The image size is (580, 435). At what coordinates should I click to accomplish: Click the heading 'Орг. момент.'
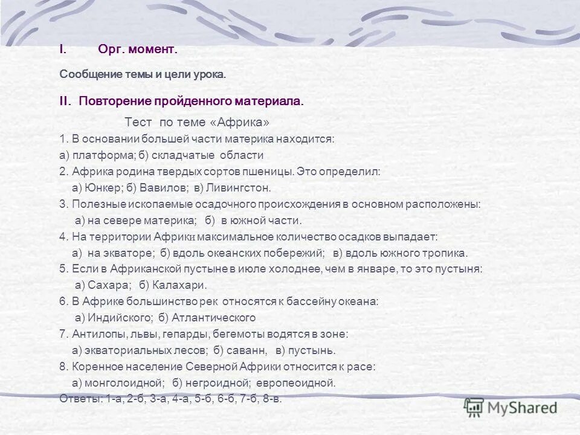tap(138, 50)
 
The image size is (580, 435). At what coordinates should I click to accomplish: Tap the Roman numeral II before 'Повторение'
tap(65, 101)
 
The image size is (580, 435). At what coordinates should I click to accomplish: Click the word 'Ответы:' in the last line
tap(81, 399)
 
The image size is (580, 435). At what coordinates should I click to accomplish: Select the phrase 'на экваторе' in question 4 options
tap(121, 253)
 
